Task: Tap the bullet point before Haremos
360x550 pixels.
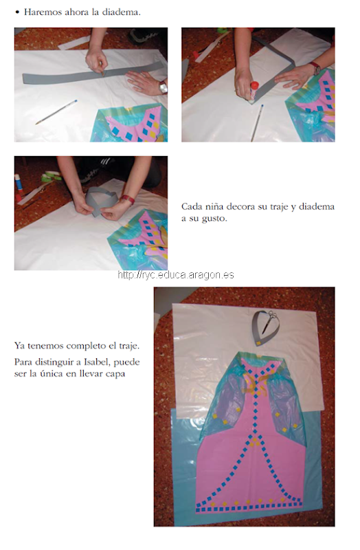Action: (16, 12)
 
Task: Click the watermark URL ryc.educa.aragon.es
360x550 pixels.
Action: (176, 275)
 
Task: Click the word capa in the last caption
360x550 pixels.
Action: (115, 374)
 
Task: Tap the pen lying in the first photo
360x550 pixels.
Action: (56, 112)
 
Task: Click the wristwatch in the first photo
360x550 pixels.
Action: (163, 87)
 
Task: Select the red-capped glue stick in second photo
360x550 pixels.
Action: (254, 91)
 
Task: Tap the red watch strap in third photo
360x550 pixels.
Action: (128, 199)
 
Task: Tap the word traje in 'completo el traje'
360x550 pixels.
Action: (129, 346)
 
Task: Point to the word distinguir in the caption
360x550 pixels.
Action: (58, 362)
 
